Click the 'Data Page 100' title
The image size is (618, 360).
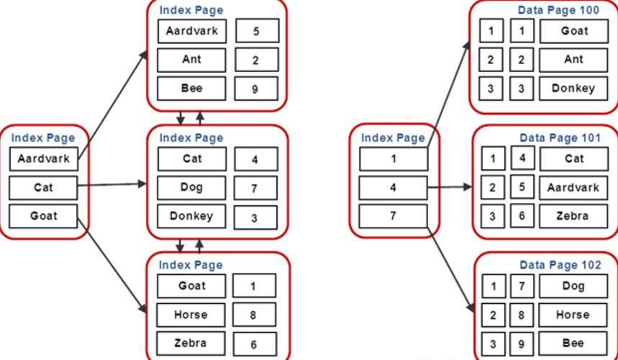558,10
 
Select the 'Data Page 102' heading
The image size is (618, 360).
560,265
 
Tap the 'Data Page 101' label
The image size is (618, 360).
560,137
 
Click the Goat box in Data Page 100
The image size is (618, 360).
573,31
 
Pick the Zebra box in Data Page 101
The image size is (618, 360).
573,216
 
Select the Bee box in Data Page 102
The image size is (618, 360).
573,343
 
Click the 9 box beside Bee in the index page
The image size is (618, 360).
255,89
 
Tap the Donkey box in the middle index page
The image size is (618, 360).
191,216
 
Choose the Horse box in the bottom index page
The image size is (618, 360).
191,315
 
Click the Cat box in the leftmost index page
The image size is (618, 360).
43,188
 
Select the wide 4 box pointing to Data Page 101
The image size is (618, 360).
393,188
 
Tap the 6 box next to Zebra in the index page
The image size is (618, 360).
254,344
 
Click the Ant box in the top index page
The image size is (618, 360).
191,60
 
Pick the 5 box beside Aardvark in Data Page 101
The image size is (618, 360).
522,187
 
